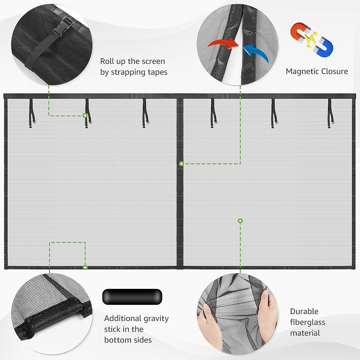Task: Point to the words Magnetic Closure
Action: click(317, 71)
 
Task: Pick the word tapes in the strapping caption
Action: click(157, 72)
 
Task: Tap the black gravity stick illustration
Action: click(132, 297)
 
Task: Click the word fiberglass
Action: click(307, 322)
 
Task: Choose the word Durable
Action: click(304, 311)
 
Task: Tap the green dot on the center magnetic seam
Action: click(181, 164)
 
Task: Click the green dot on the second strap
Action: click(85, 115)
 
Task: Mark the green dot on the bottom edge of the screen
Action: click(85, 267)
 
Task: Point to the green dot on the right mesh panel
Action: click(240, 221)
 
